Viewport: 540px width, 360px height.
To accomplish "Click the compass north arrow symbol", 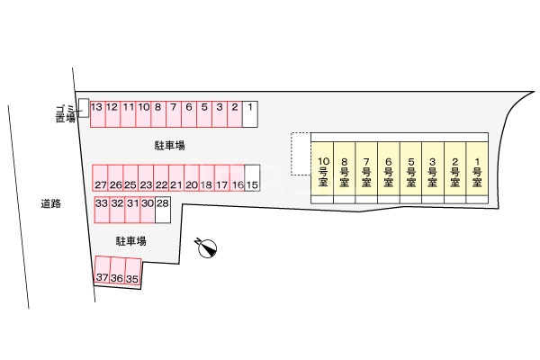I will [207, 246].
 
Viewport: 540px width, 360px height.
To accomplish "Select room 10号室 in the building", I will [323, 171].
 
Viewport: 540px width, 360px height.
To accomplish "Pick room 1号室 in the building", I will [477, 171].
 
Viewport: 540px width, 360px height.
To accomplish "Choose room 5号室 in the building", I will [410, 171].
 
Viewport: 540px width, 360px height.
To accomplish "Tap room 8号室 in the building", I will [345, 171].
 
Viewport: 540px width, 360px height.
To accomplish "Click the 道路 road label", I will [50, 204].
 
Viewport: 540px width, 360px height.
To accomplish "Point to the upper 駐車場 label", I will [169, 144].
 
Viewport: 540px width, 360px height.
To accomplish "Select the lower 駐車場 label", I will [131, 241].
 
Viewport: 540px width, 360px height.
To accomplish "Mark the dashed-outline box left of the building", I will [301, 155].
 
